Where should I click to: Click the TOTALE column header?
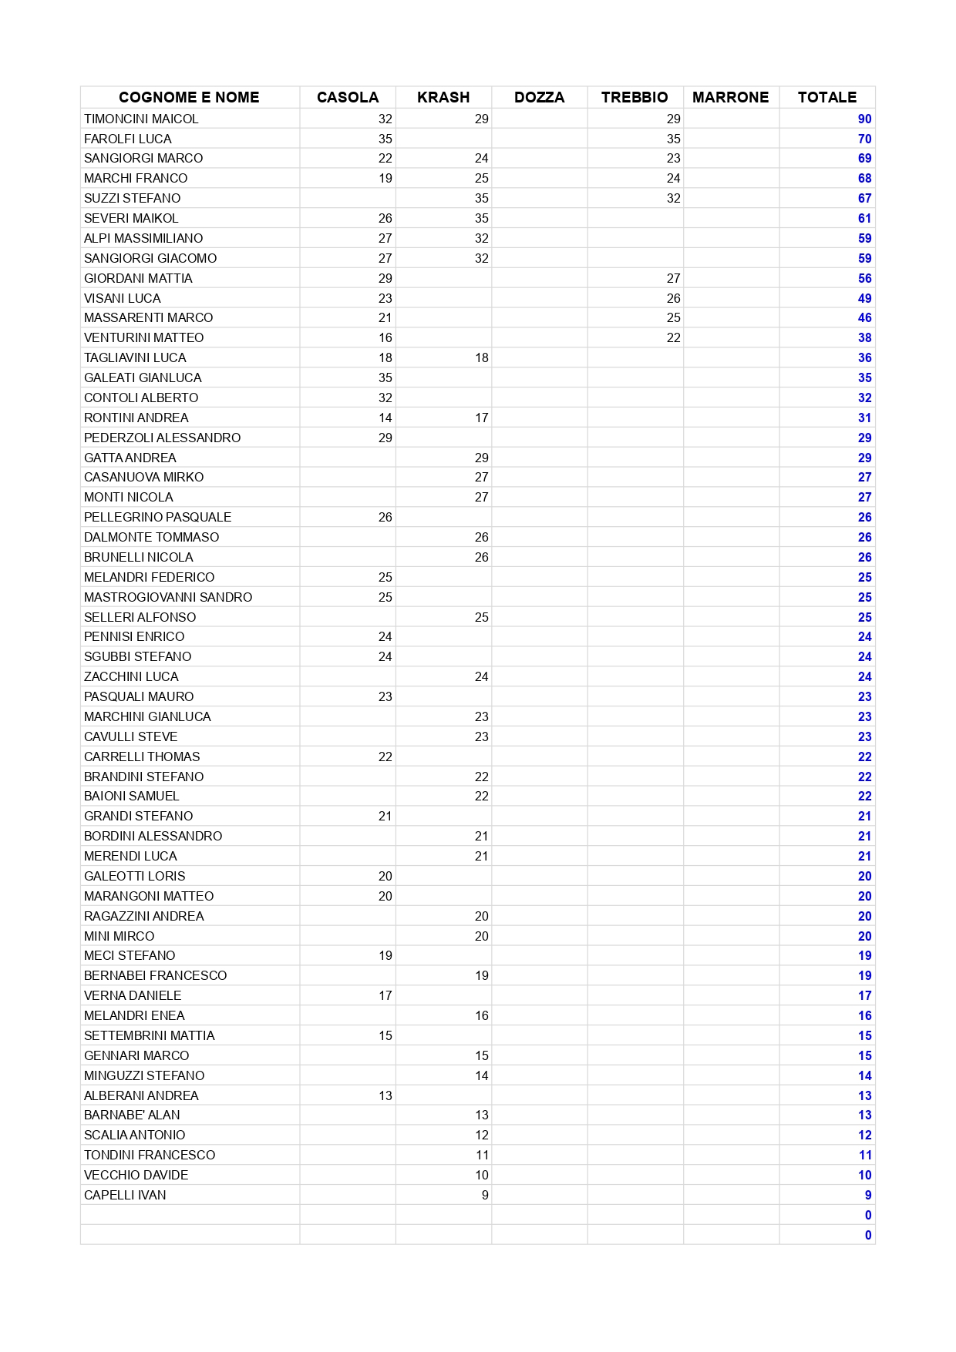(x=826, y=97)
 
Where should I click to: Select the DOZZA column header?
(x=539, y=97)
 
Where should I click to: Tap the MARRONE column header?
(x=730, y=97)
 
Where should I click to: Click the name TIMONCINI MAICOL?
(x=141, y=119)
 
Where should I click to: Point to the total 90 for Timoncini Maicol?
(x=864, y=119)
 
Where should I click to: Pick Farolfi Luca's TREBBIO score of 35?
(x=673, y=139)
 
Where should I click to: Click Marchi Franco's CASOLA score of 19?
(x=385, y=178)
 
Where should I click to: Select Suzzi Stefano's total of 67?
(x=864, y=198)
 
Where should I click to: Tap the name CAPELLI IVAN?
(x=125, y=1195)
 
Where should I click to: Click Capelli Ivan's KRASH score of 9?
(x=484, y=1195)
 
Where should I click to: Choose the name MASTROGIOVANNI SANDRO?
(x=168, y=597)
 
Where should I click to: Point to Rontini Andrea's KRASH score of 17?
(x=481, y=418)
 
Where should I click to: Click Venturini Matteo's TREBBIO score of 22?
(x=673, y=337)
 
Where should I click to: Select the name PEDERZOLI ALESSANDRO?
(x=162, y=438)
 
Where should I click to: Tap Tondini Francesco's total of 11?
(x=865, y=1155)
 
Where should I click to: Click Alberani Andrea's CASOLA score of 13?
(x=385, y=1095)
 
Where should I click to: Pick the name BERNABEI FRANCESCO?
(x=155, y=975)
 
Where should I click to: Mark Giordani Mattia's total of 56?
(x=864, y=278)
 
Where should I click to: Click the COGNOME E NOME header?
(x=189, y=97)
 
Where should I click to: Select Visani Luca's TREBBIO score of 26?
(x=673, y=298)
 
